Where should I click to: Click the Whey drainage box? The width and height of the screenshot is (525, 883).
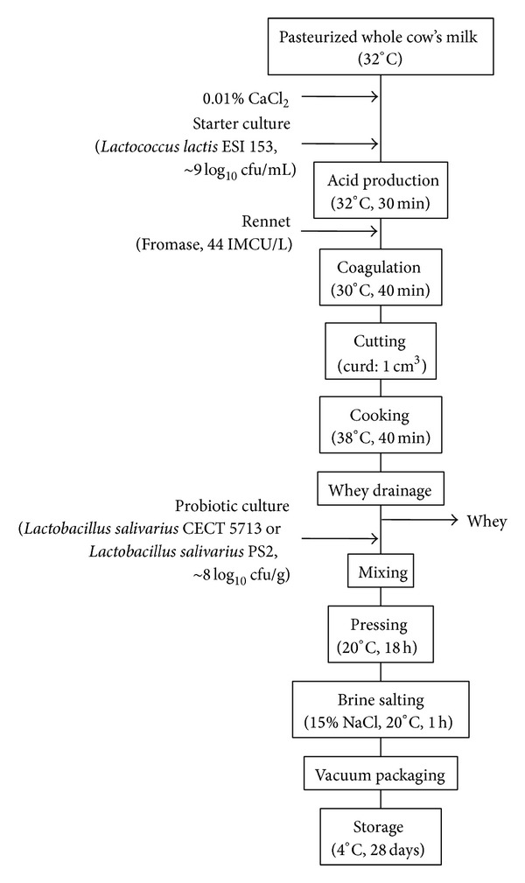[x=378, y=490]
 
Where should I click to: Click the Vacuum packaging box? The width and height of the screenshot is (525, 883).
[x=378, y=772]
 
